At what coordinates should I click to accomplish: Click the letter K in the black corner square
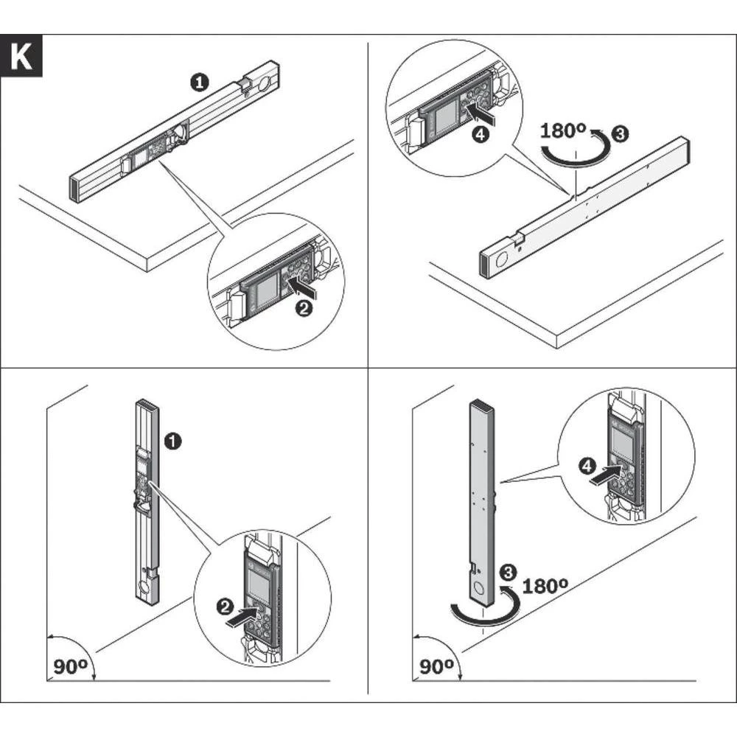click(21, 57)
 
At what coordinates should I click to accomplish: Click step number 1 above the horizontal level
click(200, 83)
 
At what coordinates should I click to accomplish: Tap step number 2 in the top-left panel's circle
click(304, 309)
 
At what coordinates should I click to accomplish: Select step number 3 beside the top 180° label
click(620, 134)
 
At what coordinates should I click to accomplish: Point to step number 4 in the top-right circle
click(480, 134)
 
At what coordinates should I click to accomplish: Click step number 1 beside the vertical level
click(173, 441)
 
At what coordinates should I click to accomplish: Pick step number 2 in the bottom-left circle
click(225, 607)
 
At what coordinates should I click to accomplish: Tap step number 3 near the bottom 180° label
click(508, 573)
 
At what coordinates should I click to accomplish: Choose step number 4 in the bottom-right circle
click(587, 467)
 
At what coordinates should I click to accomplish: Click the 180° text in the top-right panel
click(562, 130)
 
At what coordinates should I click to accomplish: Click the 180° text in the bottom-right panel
click(545, 586)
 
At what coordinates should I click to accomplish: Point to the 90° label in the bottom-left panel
click(70, 666)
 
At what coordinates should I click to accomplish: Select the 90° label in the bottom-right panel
click(436, 666)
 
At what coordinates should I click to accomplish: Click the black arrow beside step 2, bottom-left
click(242, 615)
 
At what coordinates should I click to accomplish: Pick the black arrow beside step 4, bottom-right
click(604, 473)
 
